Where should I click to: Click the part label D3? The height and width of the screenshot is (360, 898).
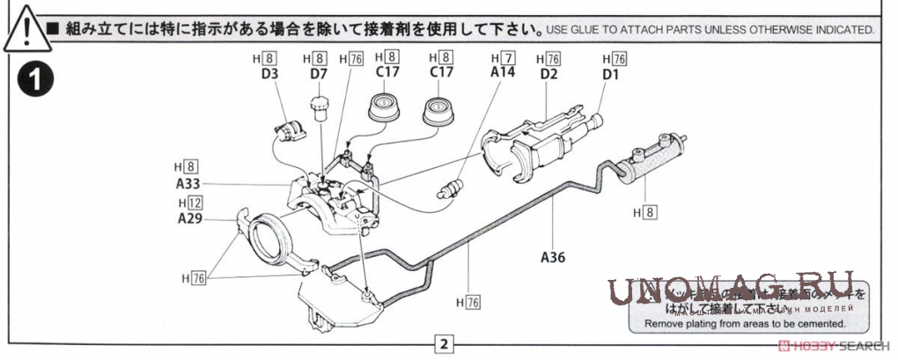pos(269,75)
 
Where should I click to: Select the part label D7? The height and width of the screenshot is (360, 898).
pos(319,75)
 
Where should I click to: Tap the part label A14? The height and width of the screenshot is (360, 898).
pos(503,74)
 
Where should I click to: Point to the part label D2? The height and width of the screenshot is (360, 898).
pos(549,75)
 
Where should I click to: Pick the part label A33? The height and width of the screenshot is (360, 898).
pos(188,184)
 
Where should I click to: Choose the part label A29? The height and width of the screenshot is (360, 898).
pos(190,218)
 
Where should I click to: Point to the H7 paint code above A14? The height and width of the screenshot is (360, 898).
pos(503,59)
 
